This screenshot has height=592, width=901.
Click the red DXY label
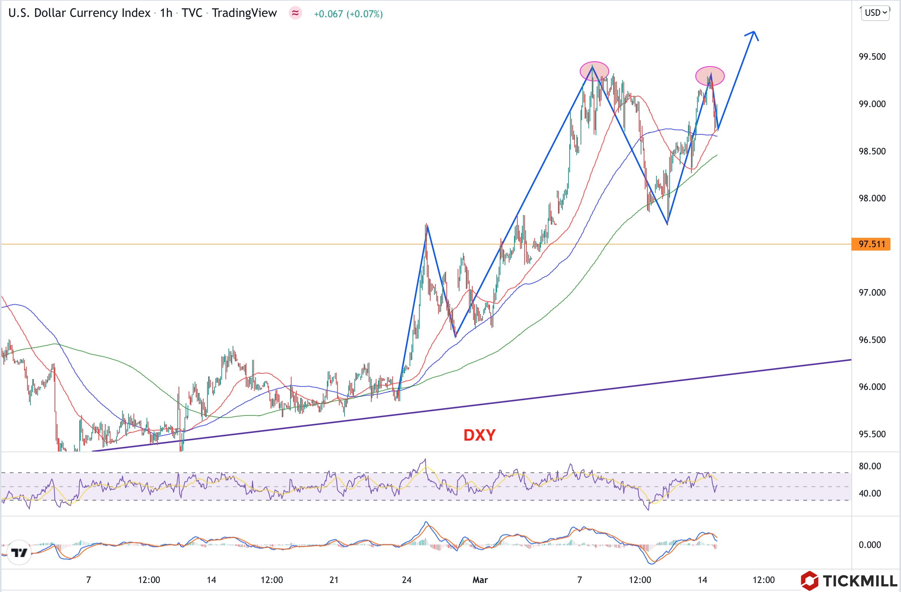[x=479, y=435]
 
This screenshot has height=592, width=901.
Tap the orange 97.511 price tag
[x=871, y=244]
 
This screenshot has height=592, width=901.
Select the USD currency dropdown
[x=875, y=13]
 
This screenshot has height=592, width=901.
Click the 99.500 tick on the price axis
[x=872, y=57]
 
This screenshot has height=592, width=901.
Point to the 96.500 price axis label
[x=872, y=340]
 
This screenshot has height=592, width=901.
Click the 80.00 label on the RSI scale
[x=869, y=466]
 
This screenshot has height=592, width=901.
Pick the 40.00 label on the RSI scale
[x=869, y=493]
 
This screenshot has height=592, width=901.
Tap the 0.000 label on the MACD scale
[x=869, y=545]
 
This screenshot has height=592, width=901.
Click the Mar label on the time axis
[x=480, y=580]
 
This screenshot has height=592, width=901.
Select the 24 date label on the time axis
[x=407, y=580]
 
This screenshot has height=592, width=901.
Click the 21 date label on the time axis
[x=334, y=580]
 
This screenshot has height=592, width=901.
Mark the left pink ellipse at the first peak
[x=594, y=71]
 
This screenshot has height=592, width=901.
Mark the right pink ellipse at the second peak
[x=710, y=76]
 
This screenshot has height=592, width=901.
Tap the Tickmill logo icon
[x=809, y=581]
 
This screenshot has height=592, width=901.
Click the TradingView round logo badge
[x=19, y=553]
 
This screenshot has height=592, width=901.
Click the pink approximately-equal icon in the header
[x=295, y=13]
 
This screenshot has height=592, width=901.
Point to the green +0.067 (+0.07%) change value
[x=348, y=14]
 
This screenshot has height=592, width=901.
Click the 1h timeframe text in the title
[x=166, y=13]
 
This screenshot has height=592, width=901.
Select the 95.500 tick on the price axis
[x=872, y=434]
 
